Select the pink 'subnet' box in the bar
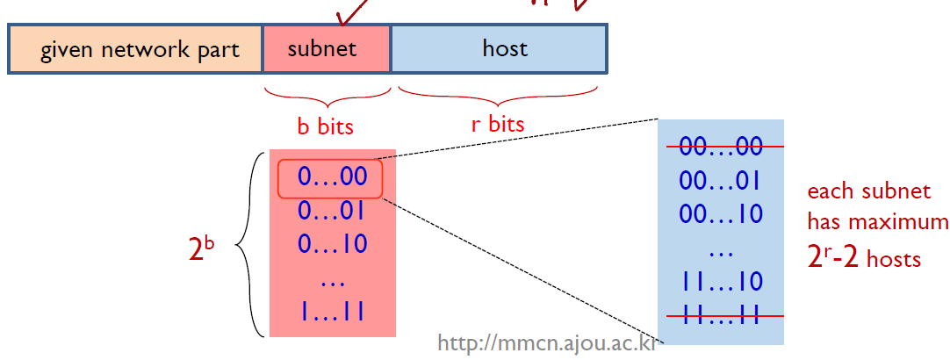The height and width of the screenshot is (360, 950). pyautogui.click(x=325, y=48)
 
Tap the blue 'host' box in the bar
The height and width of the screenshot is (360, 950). pyautogui.click(x=499, y=48)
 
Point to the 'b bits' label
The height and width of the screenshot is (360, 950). pyautogui.click(x=325, y=126)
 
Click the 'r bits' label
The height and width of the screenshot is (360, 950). pyautogui.click(x=498, y=124)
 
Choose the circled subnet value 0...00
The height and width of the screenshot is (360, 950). pyautogui.click(x=331, y=178)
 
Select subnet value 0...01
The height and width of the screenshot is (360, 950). pyautogui.click(x=331, y=212)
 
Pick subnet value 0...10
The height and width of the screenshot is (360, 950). pyautogui.click(x=331, y=244)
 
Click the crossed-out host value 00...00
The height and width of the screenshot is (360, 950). pyautogui.click(x=720, y=147)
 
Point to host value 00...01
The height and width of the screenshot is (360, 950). pyautogui.click(x=720, y=181)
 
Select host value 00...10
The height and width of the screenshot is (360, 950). pyautogui.click(x=720, y=214)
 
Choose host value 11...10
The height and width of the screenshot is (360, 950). pyautogui.click(x=720, y=282)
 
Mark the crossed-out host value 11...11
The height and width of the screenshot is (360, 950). pyautogui.click(x=720, y=315)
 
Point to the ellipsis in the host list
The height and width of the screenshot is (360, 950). pyautogui.click(x=720, y=251)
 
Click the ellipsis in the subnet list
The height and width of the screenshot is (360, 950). pyautogui.click(x=331, y=281)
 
